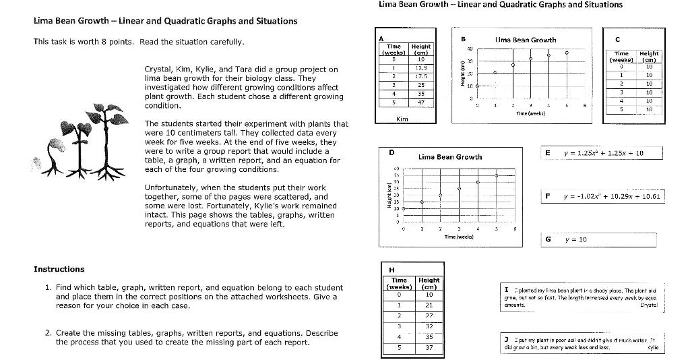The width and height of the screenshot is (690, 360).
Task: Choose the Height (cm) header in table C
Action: click(x=649, y=57)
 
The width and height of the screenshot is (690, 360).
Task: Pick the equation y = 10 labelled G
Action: click(x=576, y=239)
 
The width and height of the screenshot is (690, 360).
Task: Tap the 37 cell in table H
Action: click(x=429, y=348)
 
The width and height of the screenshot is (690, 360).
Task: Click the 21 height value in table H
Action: click(x=429, y=305)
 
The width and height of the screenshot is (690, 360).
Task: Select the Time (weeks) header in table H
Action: click(x=399, y=283)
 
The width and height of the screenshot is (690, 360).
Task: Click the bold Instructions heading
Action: click(x=59, y=269)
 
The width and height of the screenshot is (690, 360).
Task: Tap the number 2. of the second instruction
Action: click(x=48, y=333)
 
